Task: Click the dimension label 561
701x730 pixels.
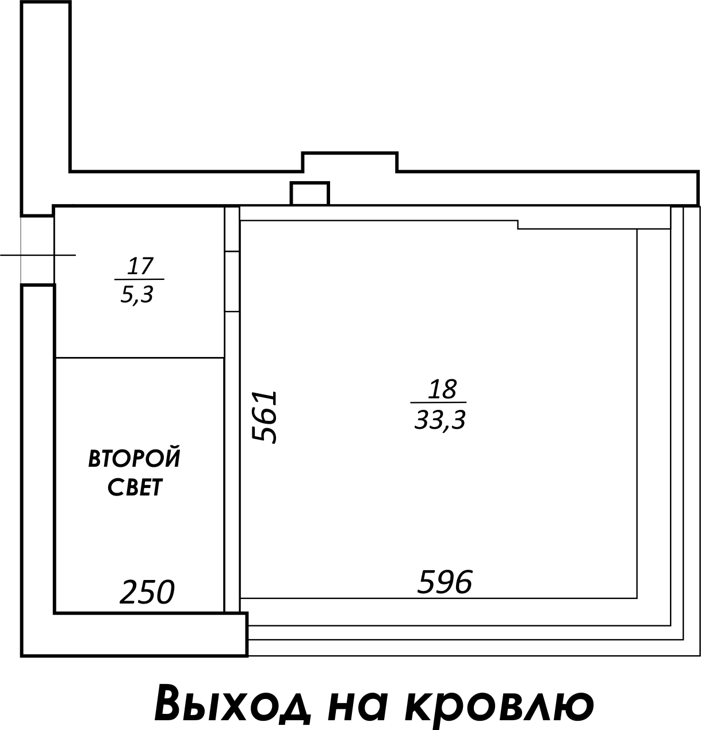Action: coord(264,417)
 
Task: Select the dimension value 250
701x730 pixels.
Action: coord(147,592)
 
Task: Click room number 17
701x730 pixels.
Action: coord(140,266)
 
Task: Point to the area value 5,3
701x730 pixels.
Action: coord(137,295)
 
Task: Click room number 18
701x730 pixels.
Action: coord(442,389)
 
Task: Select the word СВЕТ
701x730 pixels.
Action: coord(135,487)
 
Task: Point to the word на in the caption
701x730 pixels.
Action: coord(357,705)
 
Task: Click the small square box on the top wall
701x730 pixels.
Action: coord(310,194)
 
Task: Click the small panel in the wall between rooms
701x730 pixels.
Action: coord(232,281)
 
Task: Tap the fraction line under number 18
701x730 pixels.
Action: coord(438,402)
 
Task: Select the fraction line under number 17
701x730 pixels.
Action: coord(139,279)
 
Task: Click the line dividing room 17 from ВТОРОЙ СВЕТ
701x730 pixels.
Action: coord(140,358)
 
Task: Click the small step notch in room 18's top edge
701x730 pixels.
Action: coord(518,225)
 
